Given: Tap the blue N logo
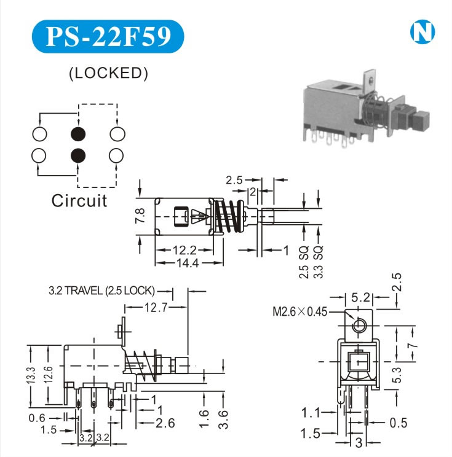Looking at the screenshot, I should (421, 33).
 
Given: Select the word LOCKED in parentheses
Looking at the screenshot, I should (108, 73).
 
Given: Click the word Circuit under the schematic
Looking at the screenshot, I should (79, 200).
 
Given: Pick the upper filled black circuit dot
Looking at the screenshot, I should (78, 133).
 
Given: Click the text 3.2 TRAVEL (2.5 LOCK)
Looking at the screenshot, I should (101, 291).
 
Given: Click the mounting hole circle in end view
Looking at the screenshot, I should (359, 326).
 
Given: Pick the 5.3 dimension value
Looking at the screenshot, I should (398, 372).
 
